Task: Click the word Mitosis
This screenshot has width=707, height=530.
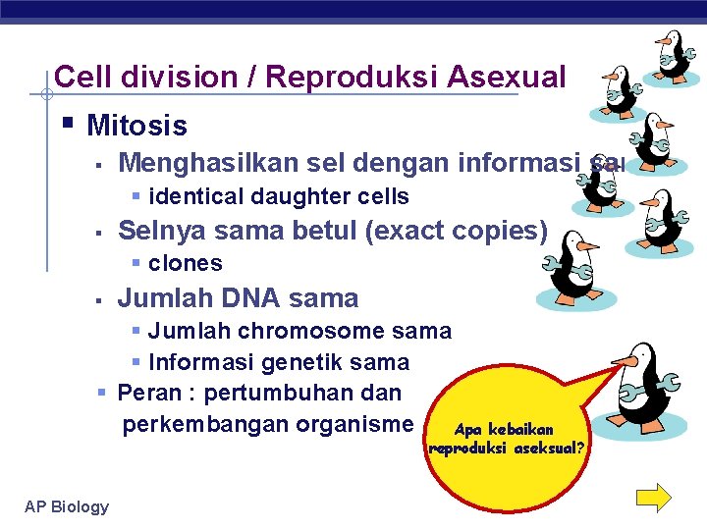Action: [x=136, y=126]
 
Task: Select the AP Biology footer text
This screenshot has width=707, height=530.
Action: [x=67, y=506]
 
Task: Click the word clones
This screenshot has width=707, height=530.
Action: [x=185, y=263]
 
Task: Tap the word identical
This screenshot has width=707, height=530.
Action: [x=186, y=196]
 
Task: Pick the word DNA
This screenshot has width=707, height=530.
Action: [x=250, y=297]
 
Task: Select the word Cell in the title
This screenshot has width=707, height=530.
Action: [x=80, y=77]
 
